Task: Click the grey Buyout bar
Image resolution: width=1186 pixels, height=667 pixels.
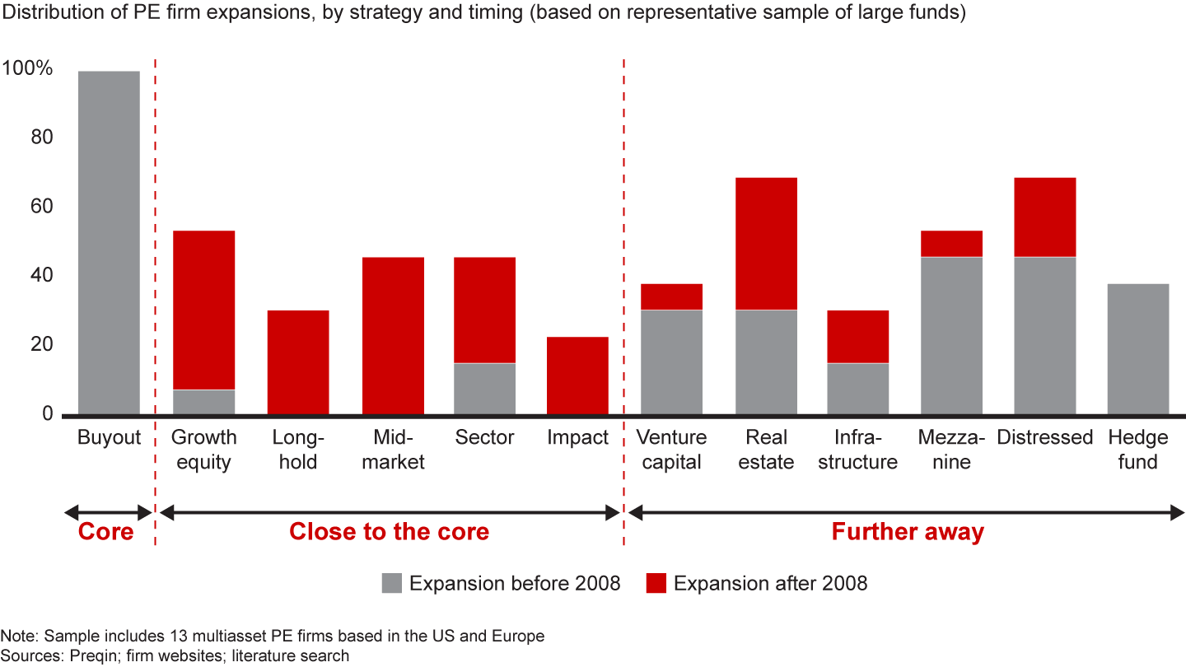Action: [109, 242]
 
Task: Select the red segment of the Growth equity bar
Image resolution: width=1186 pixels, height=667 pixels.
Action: [203, 310]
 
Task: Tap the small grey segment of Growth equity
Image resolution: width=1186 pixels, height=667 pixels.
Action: [203, 402]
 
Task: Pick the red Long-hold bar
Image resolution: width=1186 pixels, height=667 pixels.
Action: [298, 362]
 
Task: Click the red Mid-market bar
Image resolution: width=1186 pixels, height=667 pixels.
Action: [393, 336]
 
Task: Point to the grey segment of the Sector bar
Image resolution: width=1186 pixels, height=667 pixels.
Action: [484, 389]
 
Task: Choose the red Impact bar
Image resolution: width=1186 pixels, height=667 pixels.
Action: [577, 375]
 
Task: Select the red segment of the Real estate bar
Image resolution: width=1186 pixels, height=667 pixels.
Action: [766, 244]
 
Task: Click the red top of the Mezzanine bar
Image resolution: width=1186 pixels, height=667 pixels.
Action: [951, 244]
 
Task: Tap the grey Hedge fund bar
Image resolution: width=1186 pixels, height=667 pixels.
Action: [1137, 349]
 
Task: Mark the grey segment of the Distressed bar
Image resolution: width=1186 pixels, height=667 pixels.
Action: [1044, 336]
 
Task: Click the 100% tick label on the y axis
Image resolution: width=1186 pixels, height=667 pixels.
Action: [28, 69]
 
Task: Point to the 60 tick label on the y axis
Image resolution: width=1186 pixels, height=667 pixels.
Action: [40, 207]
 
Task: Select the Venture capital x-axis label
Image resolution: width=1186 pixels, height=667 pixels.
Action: [672, 450]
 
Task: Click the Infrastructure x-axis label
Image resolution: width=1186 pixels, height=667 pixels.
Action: [857, 450]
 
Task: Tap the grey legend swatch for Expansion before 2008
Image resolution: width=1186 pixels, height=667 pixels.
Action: [392, 584]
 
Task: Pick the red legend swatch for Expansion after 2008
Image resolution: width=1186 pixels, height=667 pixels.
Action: [656, 584]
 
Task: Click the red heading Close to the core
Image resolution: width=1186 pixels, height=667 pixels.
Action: [389, 532]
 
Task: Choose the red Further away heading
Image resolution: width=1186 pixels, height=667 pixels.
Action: [908, 532]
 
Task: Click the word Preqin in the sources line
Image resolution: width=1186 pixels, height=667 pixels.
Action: [73, 656]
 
